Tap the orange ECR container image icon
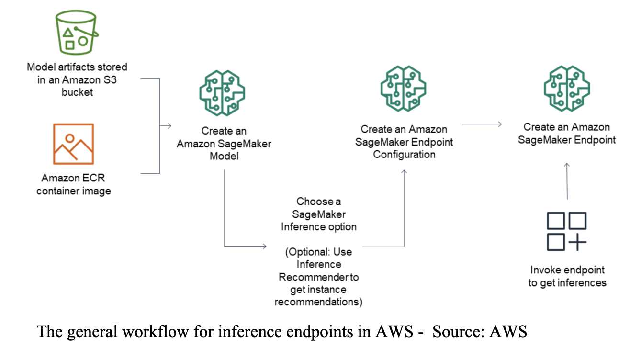click(73, 144)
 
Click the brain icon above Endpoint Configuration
click(404, 87)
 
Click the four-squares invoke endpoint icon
click(566, 231)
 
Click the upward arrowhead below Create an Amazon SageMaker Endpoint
click(567, 166)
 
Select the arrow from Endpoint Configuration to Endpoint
click(482, 125)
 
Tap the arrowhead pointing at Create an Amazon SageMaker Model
click(169, 126)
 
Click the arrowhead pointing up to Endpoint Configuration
click(404, 172)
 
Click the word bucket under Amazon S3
click(77, 92)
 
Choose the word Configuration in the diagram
click(404, 154)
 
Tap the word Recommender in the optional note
click(319, 277)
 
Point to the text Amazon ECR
click(73, 178)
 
